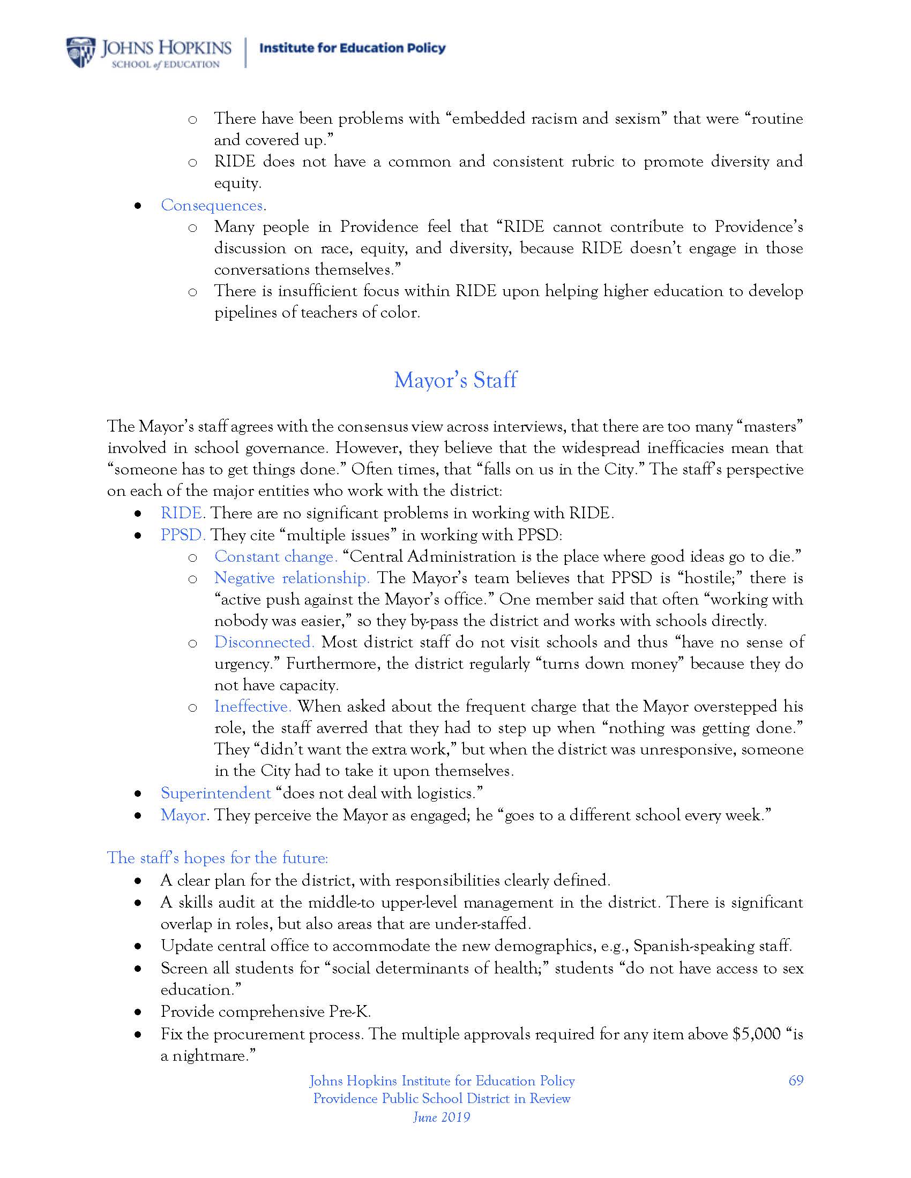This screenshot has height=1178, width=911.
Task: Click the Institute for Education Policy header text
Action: pos(353,48)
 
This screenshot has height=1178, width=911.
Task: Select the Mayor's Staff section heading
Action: pos(455,380)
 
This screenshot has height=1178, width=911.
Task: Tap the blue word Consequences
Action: pos(212,206)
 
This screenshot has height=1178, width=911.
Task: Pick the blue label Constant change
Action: pos(276,557)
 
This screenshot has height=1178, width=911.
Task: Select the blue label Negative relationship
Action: pos(292,578)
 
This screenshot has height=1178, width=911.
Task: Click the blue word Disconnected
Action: pos(264,643)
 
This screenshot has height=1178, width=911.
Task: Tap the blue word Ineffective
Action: pos(252,707)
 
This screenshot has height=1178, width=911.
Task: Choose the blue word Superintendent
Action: pos(215,794)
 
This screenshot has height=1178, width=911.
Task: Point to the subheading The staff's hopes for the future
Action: pos(218,858)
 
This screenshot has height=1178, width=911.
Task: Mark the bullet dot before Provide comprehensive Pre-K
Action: pos(139,1013)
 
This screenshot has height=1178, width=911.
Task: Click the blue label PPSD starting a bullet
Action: pos(182,535)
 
